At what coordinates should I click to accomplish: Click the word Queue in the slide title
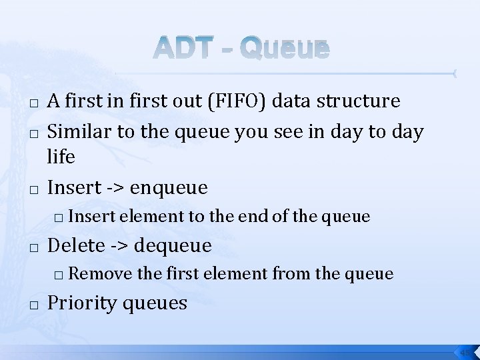[285, 49]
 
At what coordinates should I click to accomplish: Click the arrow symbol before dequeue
[121, 246]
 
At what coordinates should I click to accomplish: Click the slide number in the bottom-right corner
[464, 351]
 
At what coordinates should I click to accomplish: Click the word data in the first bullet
[294, 101]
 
